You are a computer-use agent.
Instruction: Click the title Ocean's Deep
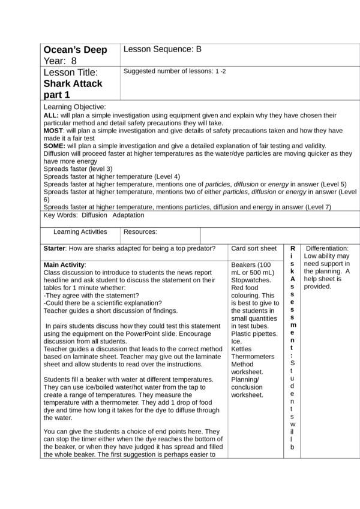point(75,50)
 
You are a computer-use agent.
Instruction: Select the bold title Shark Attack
point(73,83)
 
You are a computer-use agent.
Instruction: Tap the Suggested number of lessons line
point(175,71)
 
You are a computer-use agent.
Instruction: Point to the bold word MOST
point(54,130)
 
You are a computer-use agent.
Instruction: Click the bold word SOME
point(55,146)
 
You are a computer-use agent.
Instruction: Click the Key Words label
point(61,215)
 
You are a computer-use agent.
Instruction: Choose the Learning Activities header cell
point(80,231)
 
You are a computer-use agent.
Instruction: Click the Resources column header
point(140,231)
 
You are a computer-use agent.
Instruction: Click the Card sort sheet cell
point(254,248)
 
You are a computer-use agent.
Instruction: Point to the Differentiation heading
point(327,248)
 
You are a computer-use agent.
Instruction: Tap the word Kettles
point(242,348)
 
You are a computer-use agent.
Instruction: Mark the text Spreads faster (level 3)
point(78,169)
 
